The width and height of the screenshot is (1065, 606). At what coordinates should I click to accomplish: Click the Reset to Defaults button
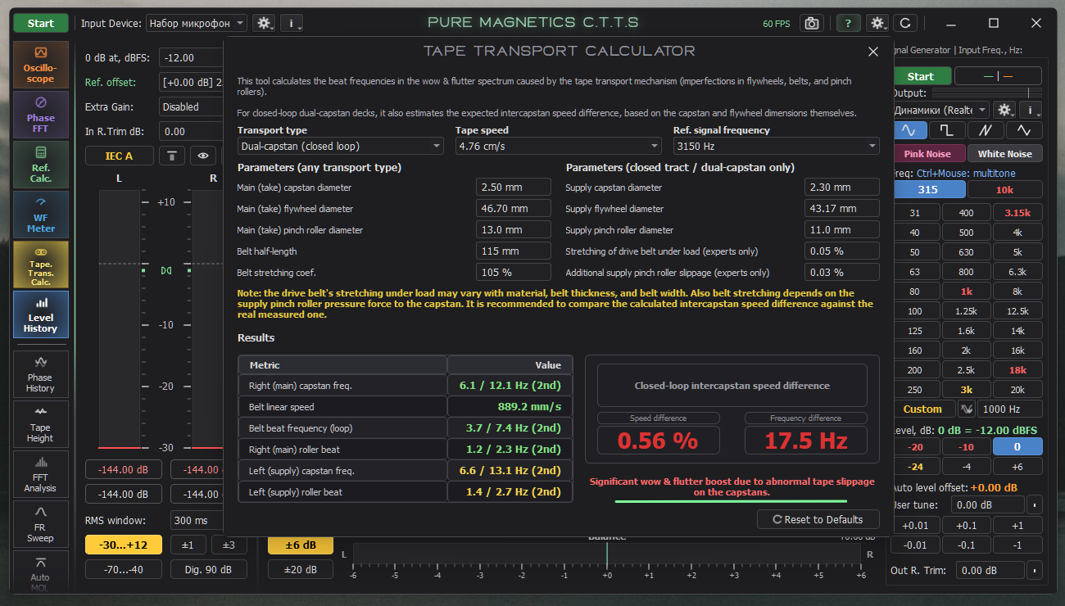click(x=818, y=519)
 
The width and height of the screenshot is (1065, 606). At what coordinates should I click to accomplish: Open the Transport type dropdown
click(x=340, y=146)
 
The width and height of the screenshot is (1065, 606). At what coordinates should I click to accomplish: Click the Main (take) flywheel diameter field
click(x=513, y=209)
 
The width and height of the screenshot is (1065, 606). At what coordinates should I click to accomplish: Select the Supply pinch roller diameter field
click(x=841, y=230)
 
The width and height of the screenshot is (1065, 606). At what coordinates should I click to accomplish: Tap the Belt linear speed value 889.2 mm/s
click(x=529, y=407)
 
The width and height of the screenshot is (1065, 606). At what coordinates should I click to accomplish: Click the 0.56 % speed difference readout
click(x=658, y=441)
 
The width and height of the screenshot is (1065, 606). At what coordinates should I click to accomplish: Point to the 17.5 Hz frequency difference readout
click(x=806, y=441)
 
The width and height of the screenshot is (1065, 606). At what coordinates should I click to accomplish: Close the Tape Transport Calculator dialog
click(x=873, y=52)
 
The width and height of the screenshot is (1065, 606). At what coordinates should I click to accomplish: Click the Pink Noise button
click(x=927, y=154)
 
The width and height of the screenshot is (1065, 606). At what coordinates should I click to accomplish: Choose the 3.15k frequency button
click(x=1017, y=213)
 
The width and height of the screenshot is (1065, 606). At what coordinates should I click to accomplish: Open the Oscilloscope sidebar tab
click(x=41, y=65)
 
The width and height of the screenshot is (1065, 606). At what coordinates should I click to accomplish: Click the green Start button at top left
click(x=41, y=23)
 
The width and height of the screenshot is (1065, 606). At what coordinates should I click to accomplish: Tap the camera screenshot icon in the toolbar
click(x=812, y=23)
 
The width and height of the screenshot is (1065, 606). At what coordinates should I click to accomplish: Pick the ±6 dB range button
click(x=301, y=545)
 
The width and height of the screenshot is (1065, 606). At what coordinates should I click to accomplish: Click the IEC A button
click(x=119, y=156)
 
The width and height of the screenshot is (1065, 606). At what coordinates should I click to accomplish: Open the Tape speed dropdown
click(x=558, y=146)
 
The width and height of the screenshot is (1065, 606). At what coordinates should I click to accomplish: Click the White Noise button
click(x=1004, y=154)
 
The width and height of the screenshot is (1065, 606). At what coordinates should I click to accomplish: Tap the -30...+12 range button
click(x=124, y=545)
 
